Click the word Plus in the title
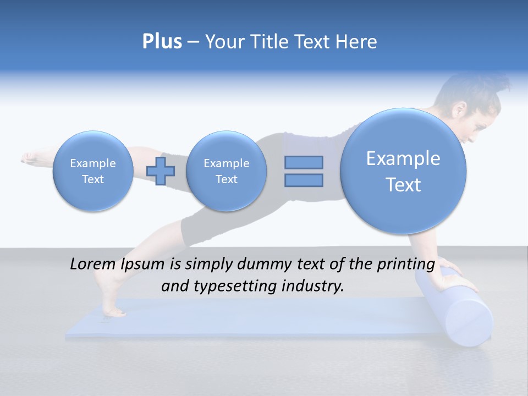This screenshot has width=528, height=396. coord(162,42)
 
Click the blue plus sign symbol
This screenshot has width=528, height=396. coord(161,171)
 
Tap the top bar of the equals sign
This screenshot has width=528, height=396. coord(304,162)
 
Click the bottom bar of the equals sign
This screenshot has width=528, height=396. coord(304,180)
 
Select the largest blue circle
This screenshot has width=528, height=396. coord(403,171)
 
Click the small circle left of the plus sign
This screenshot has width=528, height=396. coord(92,171)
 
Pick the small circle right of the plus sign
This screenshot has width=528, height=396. coord(226,171)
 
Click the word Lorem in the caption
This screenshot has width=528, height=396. coord(92,265)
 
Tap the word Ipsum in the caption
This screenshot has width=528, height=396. coord(141,265)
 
